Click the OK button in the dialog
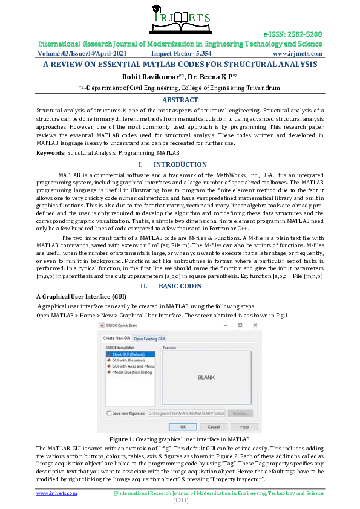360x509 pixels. coord(173,426)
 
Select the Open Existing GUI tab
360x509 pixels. coord(149,338)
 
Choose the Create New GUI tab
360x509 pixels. coord(117,338)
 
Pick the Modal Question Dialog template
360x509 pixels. coord(131,372)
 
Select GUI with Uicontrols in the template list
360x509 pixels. coord(128,360)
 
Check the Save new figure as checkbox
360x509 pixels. coord(109,413)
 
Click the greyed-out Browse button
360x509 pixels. coord(240,413)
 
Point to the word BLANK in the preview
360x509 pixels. coord(207,377)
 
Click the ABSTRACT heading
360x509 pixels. coord(180,100)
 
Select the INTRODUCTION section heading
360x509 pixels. coord(180,164)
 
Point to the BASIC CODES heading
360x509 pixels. coord(180,285)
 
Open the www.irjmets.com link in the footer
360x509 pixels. coord(56,493)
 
